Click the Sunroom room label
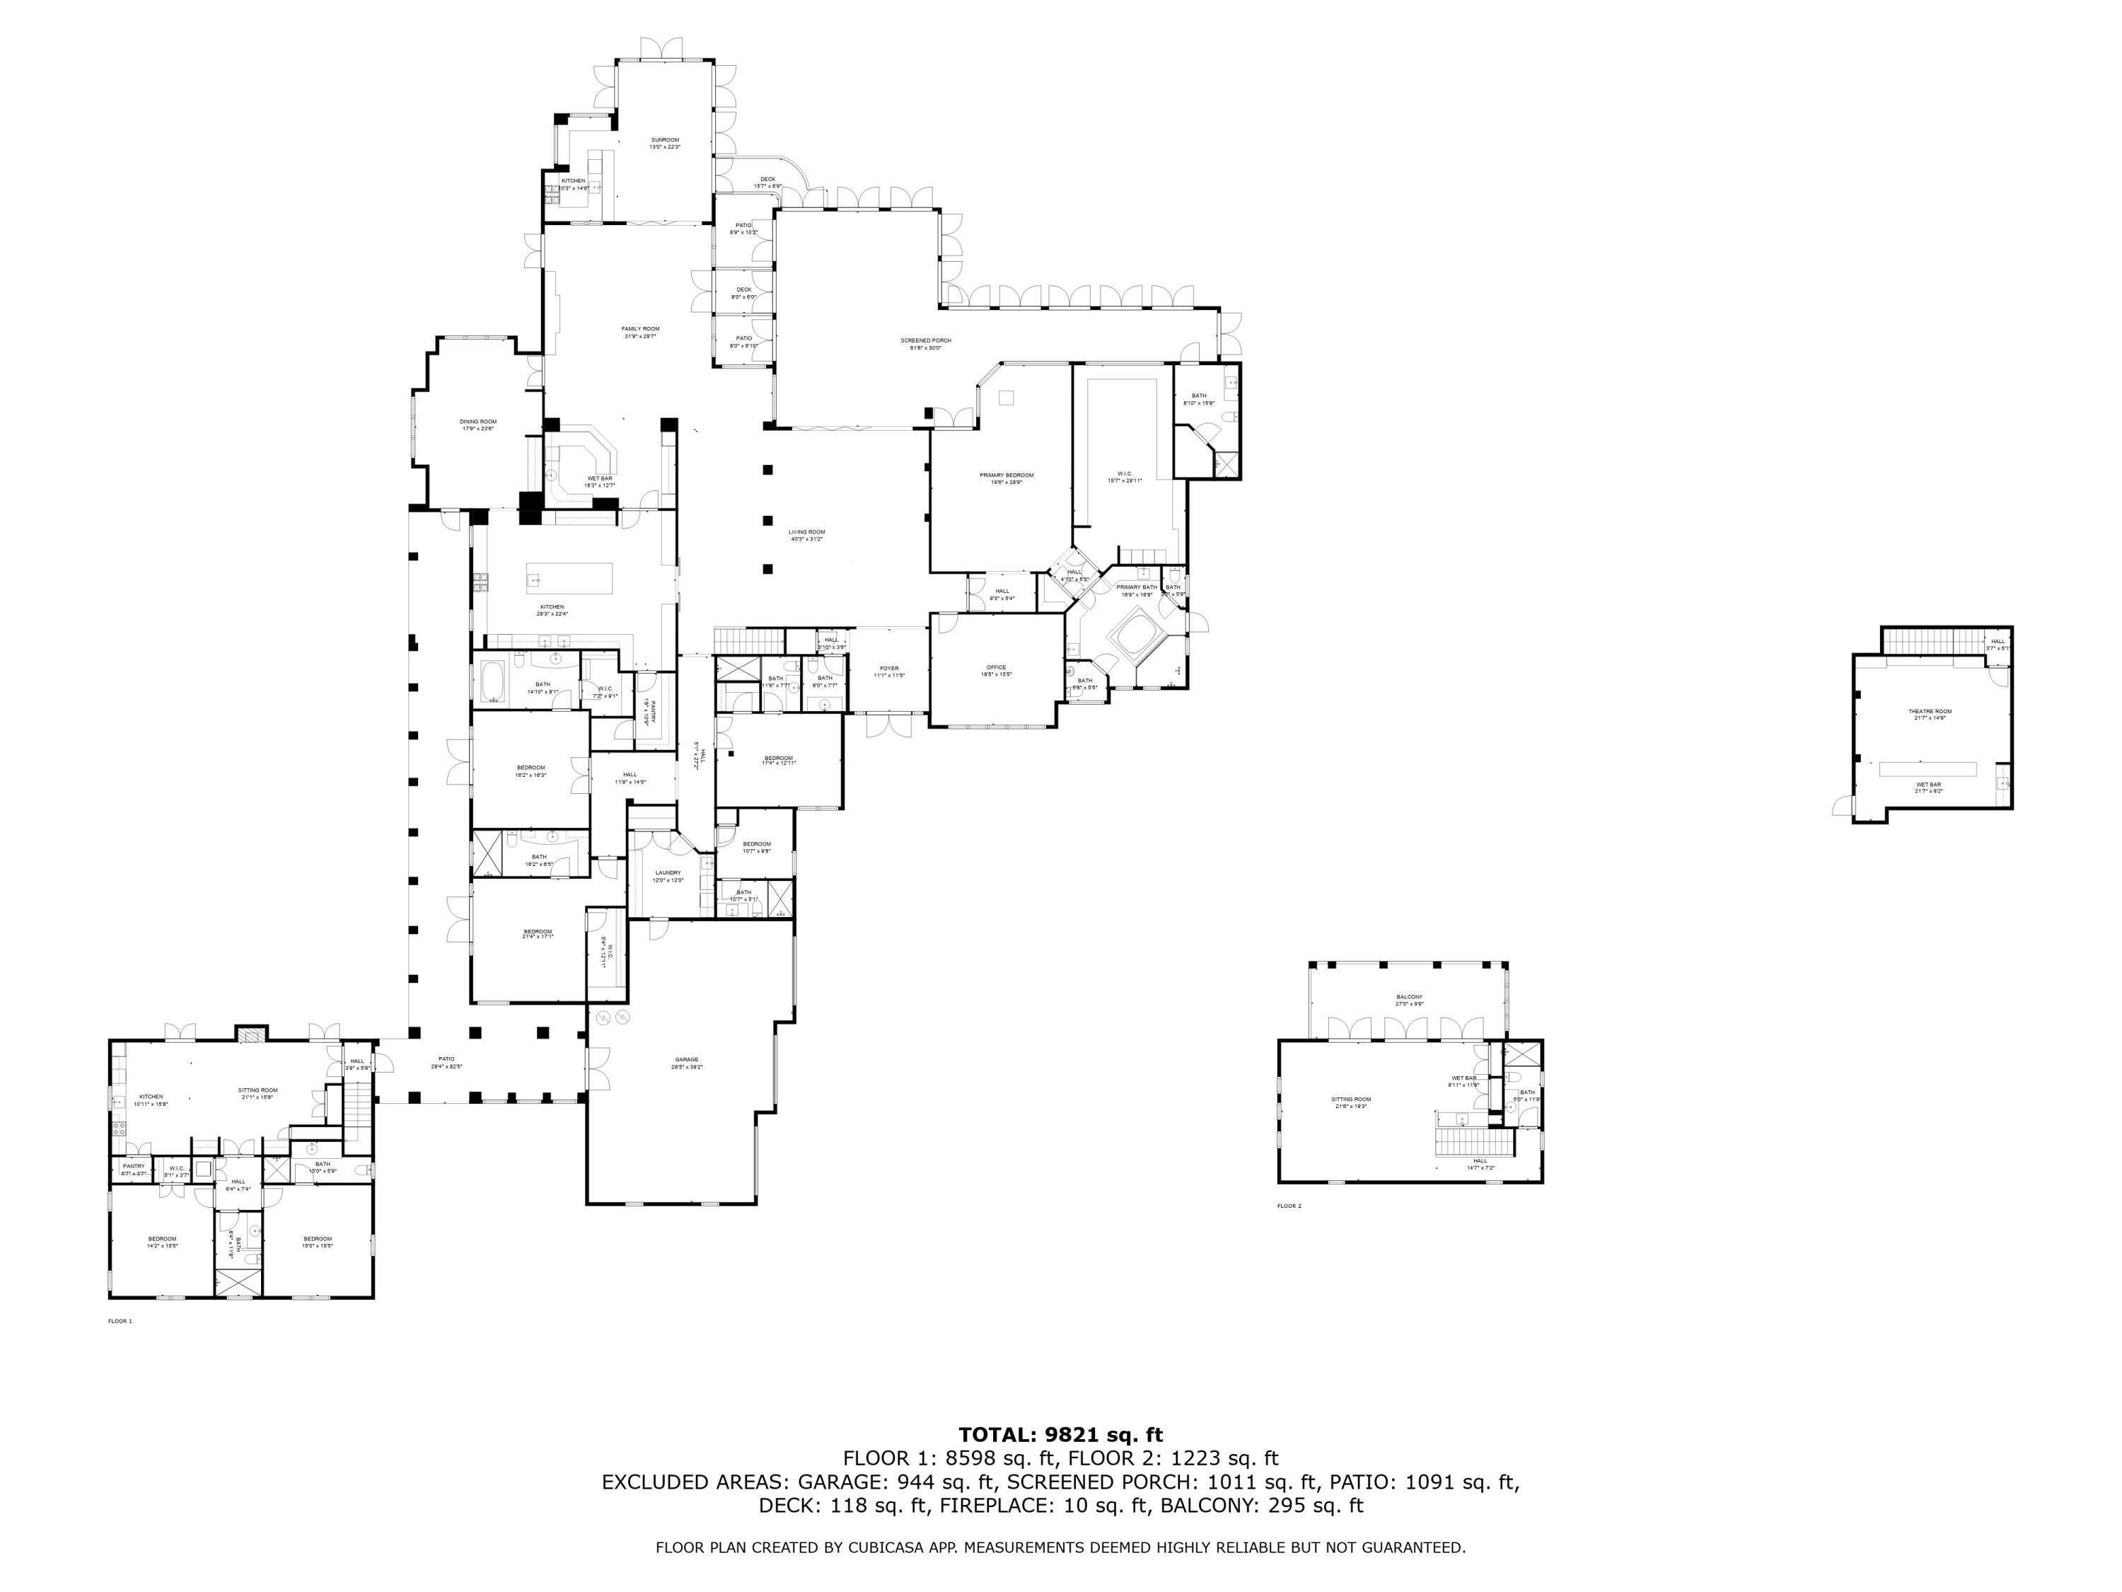click(665, 140)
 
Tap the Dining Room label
click(477, 421)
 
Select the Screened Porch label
click(926, 340)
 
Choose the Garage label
click(687, 1059)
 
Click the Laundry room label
click(668, 872)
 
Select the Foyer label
click(889, 668)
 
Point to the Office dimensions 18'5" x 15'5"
click(997, 674)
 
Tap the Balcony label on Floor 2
click(1409, 997)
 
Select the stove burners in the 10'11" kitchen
click(118, 1129)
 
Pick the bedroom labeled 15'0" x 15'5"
click(318, 1238)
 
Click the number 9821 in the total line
click(1077, 1436)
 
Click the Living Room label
click(807, 531)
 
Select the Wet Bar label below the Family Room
click(600, 478)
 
